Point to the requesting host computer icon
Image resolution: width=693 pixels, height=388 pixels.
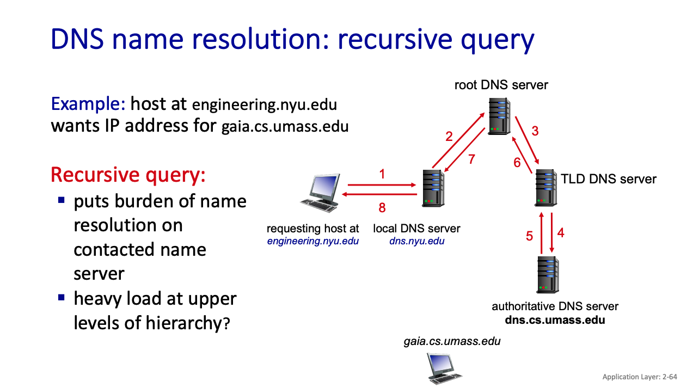point(321,193)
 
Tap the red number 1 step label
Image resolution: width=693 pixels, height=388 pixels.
point(382,174)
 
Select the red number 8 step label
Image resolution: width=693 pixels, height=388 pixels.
point(382,207)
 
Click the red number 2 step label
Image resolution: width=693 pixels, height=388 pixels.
point(449,136)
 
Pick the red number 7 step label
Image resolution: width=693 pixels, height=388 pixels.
point(471,159)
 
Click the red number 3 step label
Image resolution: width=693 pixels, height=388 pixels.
point(535,131)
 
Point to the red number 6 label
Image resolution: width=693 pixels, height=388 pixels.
point(517,163)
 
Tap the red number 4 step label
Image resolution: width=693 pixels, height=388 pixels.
point(561,232)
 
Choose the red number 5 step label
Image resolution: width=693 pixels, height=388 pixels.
point(529,236)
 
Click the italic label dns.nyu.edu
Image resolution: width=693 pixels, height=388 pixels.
point(416,241)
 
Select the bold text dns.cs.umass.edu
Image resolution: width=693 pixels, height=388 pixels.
point(555,320)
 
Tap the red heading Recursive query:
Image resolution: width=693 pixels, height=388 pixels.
point(128,175)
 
